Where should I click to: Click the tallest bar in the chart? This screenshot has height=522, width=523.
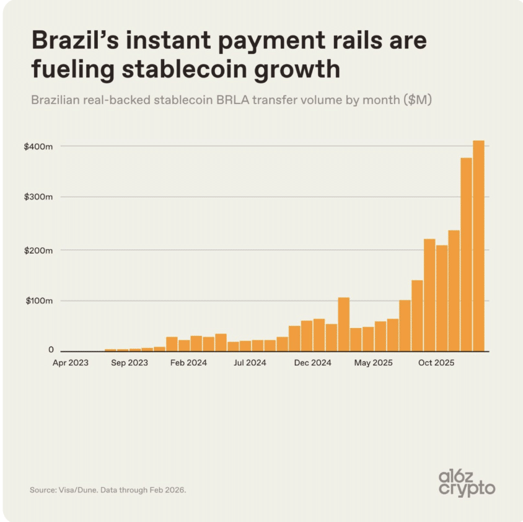pyautogui.click(x=478, y=246)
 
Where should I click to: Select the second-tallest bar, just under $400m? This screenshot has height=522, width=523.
pyautogui.click(x=466, y=255)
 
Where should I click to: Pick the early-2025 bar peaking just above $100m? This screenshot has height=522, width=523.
pyautogui.click(x=343, y=324)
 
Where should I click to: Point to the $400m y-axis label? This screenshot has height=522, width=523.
pyautogui.click(x=38, y=146)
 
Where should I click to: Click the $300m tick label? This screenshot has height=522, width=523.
pyautogui.click(x=38, y=197)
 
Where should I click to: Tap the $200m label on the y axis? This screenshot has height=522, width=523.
pyautogui.click(x=38, y=250)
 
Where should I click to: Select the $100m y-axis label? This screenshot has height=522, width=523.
pyautogui.click(x=40, y=301)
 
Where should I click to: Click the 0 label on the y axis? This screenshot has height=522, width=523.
pyautogui.click(x=51, y=350)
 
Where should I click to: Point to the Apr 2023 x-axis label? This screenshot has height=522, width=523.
pyautogui.click(x=71, y=363)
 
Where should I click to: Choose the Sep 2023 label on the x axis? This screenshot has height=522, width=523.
pyautogui.click(x=130, y=363)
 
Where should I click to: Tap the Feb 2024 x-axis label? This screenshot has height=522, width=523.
pyautogui.click(x=188, y=363)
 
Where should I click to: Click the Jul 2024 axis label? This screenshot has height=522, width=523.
pyautogui.click(x=250, y=363)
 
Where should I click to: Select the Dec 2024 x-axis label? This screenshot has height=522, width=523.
pyautogui.click(x=312, y=363)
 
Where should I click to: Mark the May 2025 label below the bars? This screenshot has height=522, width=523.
pyautogui.click(x=373, y=363)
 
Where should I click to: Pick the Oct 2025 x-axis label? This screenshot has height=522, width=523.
pyautogui.click(x=436, y=363)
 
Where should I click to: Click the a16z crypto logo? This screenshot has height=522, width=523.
pyautogui.click(x=467, y=484)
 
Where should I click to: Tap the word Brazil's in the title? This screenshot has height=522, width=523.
pyautogui.click(x=75, y=40)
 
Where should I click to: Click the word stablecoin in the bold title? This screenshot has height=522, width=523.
pyautogui.click(x=184, y=69)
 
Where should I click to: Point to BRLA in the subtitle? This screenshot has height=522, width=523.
pyautogui.click(x=232, y=100)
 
